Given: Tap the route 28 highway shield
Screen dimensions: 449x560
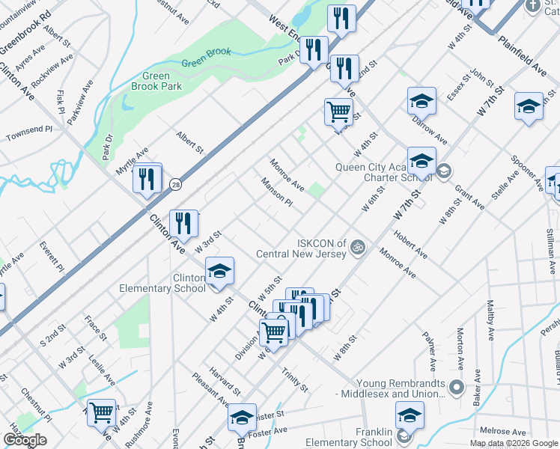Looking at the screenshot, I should click(174, 184).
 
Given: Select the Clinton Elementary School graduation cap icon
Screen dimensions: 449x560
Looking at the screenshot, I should click(219, 271).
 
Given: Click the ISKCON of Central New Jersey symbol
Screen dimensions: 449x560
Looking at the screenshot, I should click(359, 246).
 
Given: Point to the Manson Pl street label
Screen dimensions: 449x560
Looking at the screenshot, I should click(276, 192).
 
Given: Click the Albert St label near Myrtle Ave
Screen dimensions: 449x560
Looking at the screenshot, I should click(189, 142).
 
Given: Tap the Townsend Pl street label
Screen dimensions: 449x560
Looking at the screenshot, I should click(29, 134).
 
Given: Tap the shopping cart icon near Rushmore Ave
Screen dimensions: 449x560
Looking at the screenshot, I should click(101, 412).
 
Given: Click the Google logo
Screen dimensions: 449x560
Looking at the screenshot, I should click(25, 440).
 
